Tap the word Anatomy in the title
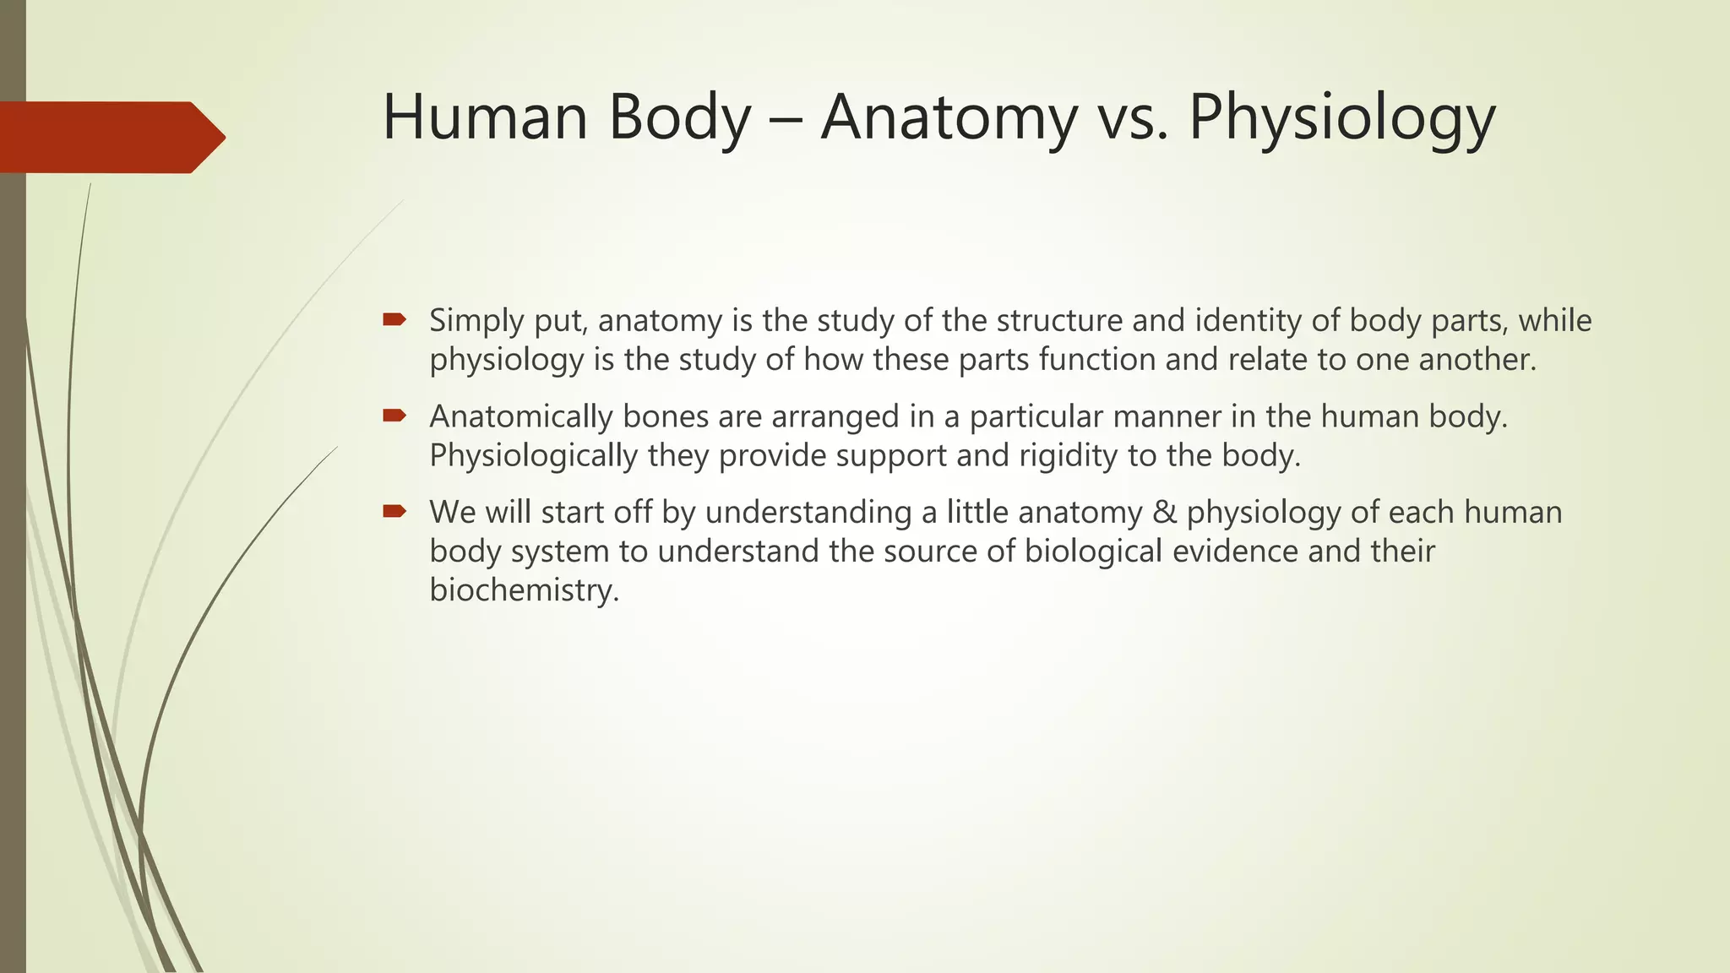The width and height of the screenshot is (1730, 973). click(949, 118)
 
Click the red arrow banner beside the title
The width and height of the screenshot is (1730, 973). click(110, 137)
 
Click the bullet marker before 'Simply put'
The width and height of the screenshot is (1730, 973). click(394, 319)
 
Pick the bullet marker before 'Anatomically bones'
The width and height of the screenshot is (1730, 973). click(394, 416)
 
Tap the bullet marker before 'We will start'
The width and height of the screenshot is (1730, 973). click(394, 511)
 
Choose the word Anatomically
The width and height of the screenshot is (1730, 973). click(520, 417)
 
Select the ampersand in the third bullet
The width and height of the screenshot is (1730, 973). click(1165, 513)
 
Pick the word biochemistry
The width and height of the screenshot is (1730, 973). click(524, 590)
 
